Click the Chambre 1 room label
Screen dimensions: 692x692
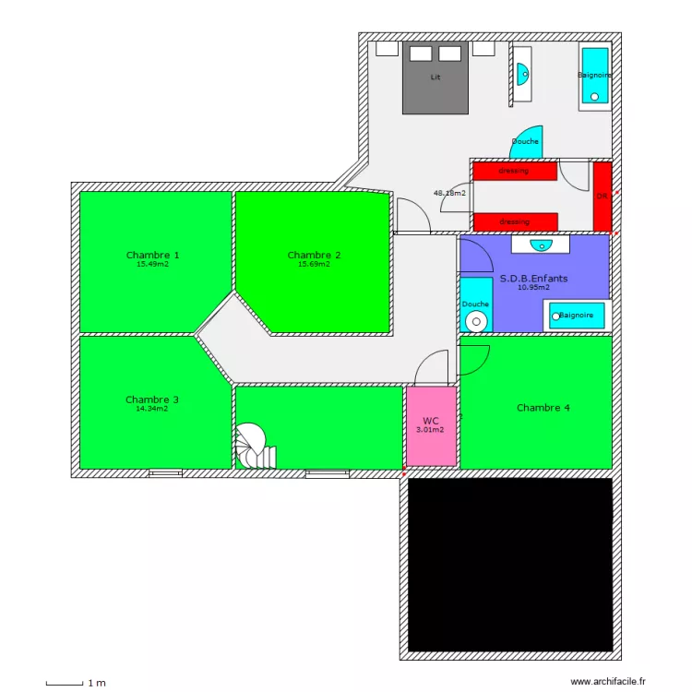[152, 255]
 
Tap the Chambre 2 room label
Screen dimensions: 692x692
[314, 255]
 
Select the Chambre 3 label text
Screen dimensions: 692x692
[152, 400]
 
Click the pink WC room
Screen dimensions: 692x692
[430, 425]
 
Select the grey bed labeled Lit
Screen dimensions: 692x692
[435, 78]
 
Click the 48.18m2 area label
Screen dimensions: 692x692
[449, 194]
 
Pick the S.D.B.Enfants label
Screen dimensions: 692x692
[533, 278]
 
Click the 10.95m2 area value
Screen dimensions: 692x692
[533, 287]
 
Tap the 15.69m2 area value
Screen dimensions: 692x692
[314, 264]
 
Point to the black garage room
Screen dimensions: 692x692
[510, 565]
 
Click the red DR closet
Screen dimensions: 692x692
[602, 197]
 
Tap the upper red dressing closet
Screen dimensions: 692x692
[515, 171]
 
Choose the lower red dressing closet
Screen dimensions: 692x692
[515, 221]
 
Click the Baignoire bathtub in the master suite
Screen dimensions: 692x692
[594, 76]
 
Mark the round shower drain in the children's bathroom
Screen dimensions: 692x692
[476, 321]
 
